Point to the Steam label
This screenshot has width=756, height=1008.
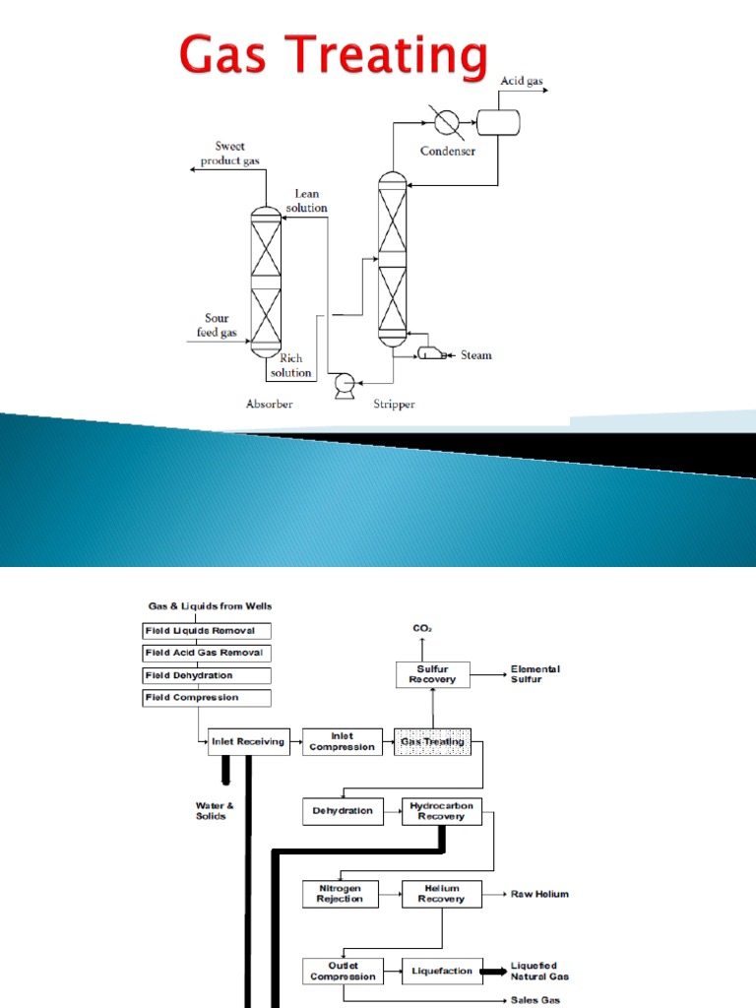[476, 354]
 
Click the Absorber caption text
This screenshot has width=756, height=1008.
[269, 404]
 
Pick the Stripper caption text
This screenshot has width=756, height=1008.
[394, 404]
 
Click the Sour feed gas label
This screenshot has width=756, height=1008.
[217, 326]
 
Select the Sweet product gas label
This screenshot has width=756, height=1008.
[222, 154]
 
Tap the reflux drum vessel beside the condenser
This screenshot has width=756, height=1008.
[499, 122]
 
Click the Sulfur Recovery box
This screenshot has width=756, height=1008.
[433, 674]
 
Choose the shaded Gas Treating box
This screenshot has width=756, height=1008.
[432, 741]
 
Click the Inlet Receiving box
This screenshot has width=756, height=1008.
[249, 741]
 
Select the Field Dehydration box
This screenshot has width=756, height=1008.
[206, 675]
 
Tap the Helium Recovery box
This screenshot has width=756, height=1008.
[442, 894]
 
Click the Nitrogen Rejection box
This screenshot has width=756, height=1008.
[340, 894]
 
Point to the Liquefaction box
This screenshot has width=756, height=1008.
[442, 972]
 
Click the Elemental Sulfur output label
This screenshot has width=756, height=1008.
[535, 674]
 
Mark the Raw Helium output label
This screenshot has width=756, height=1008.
[538, 894]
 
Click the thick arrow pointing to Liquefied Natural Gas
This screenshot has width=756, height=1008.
[492, 972]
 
